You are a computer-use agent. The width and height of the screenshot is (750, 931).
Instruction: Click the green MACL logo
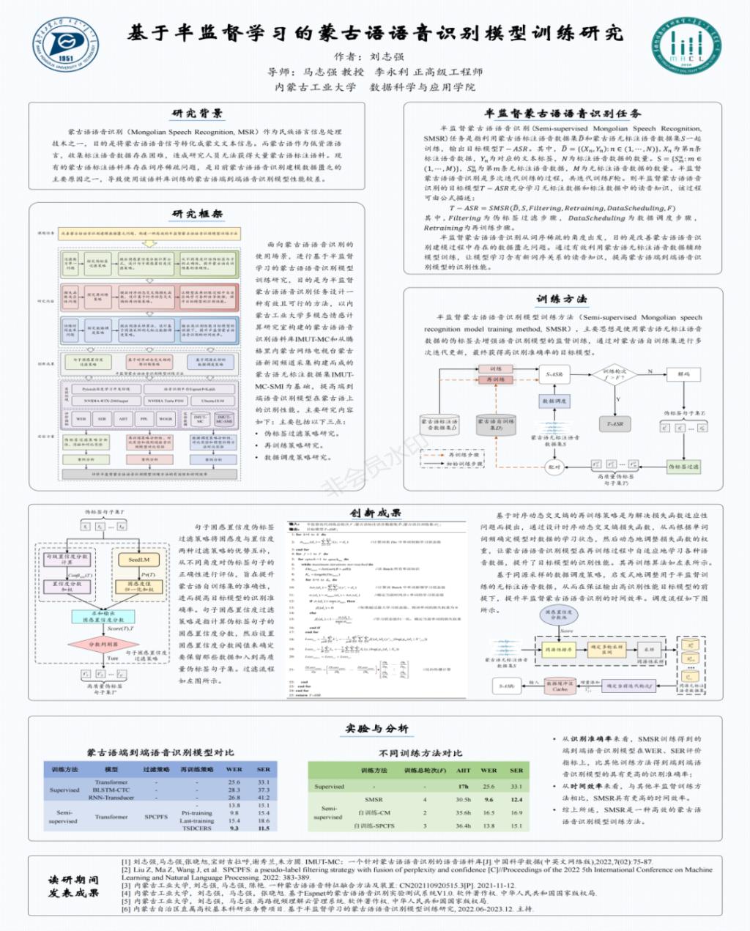click(x=686, y=46)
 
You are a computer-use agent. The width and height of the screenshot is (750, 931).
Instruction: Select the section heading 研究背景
click(x=197, y=114)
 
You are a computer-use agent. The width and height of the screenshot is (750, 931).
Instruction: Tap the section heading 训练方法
click(x=561, y=299)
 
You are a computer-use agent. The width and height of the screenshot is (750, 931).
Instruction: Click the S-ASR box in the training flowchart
click(x=554, y=374)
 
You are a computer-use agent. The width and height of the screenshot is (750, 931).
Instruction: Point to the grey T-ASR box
click(x=615, y=423)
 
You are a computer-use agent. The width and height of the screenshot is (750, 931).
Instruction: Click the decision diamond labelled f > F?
click(x=614, y=374)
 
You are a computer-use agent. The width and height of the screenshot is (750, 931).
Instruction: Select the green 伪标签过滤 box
click(x=683, y=466)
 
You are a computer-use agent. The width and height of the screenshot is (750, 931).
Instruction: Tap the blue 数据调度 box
click(x=554, y=401)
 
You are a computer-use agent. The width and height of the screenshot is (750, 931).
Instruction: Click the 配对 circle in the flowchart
click(x=554, y=467)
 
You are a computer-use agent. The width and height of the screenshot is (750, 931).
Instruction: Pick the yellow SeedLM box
click(x=139, y=560)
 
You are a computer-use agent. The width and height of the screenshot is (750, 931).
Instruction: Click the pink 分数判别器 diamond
click(x=103, y=645)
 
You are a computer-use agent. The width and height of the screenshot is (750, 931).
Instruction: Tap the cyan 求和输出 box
click(x=103, y=616)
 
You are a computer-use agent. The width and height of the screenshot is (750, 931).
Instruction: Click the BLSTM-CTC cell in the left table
click(x=111, y=790)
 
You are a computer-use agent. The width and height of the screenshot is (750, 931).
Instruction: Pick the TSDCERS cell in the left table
click(x=196, y=828)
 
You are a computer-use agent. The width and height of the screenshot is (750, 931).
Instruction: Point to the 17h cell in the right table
click(x=463, y=786)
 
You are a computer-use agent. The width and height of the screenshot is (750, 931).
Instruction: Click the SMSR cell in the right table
click(x=374, y=799)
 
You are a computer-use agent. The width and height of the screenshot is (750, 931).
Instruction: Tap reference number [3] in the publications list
click(x=125, y=885)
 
